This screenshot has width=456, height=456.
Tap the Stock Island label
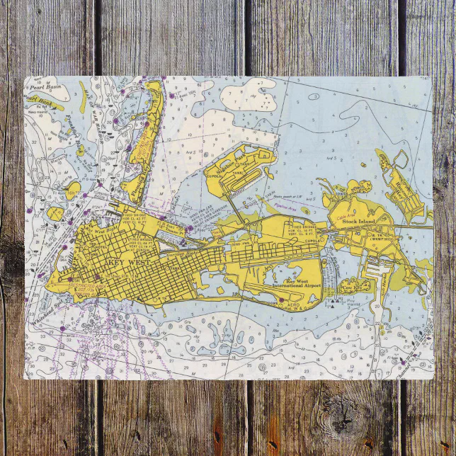tap(358, 222)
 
